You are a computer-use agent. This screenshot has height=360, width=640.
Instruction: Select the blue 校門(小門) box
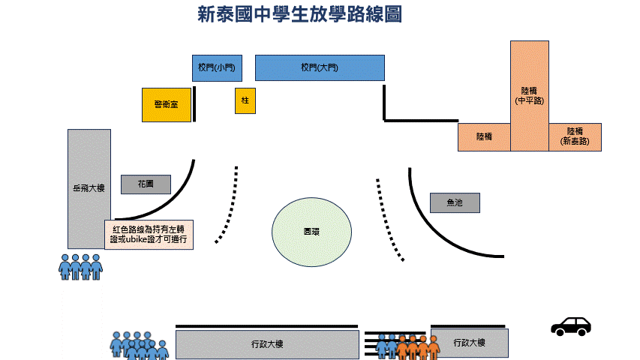coord(216,67)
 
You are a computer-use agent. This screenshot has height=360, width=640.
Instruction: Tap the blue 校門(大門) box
coord(320,67)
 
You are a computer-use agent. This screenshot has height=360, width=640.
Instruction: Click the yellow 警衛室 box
coord(166,104)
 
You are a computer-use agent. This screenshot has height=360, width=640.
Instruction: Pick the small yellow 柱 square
coord(245,100)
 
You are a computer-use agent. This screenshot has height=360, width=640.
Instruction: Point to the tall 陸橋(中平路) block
coord(530,94)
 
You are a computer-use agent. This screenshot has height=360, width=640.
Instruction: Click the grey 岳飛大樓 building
coord(89,188)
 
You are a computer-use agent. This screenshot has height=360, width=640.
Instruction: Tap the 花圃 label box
coord(146,184)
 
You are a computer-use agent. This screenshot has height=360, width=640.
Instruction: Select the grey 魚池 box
coord(454,202)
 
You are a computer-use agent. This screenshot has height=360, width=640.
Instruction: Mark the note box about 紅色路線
coord(148,234)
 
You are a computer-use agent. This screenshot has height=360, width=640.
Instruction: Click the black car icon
coord(570,325)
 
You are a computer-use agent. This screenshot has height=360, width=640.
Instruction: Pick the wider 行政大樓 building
coord(266,344)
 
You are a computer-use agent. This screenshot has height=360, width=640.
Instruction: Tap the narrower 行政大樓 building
coord(469,343)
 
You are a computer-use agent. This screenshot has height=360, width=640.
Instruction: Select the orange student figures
coord(418,346)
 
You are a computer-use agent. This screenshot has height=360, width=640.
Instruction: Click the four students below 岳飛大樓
coord(80,266)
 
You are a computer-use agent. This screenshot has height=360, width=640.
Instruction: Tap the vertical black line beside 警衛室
coord(194,103)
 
